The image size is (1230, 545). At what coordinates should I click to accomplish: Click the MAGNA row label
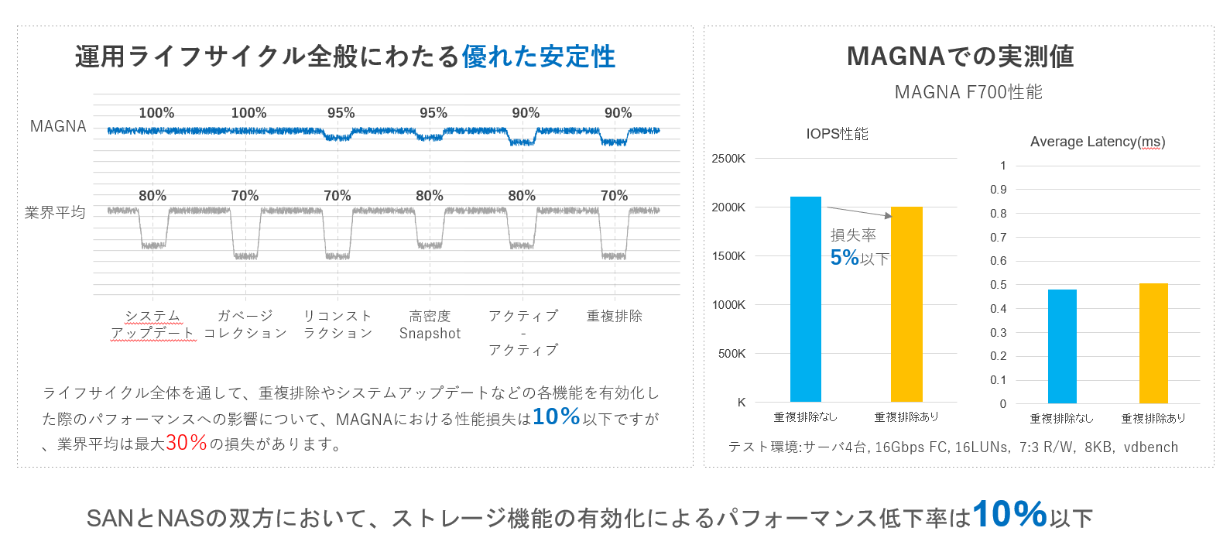58,126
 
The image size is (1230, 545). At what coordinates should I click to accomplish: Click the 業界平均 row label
55,212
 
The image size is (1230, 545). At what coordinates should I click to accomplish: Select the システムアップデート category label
152,324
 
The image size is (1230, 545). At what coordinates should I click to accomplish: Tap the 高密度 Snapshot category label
430,324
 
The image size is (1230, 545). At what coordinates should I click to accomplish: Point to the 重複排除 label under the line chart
614,316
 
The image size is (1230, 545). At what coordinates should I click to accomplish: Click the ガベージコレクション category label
245,324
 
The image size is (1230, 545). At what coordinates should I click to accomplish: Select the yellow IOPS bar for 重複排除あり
906,305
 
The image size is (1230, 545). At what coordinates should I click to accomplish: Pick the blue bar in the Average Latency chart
1062,347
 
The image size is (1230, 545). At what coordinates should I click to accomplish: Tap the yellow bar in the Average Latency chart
1153,344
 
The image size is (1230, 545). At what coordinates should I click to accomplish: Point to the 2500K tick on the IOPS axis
728,159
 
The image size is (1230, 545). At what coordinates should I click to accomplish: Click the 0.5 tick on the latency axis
999,285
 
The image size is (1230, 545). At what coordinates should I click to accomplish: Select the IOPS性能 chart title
837,134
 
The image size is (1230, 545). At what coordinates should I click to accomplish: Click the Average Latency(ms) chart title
1097,142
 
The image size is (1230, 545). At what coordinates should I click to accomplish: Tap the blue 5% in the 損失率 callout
845,258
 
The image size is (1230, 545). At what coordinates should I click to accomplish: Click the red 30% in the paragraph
187,443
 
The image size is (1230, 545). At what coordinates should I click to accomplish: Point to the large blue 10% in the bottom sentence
1009,514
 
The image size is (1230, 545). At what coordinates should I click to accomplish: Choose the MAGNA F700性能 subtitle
968,92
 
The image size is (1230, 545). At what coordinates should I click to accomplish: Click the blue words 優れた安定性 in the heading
539,57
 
